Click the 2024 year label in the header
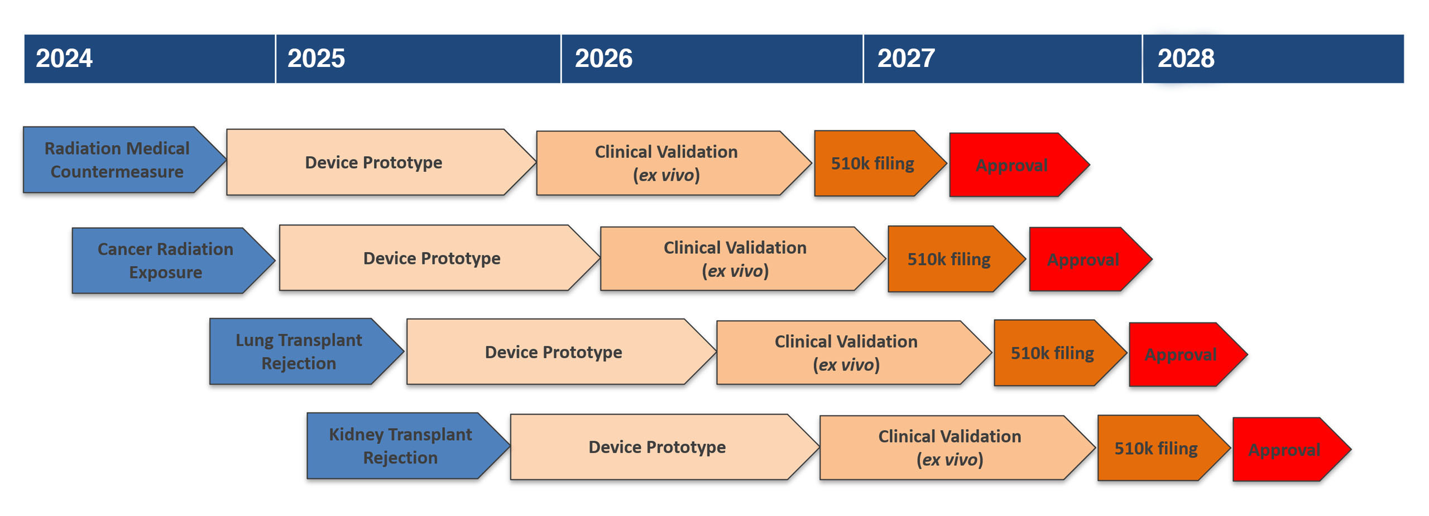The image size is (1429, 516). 64,59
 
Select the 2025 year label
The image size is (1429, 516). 316,59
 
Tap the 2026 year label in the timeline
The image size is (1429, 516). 603,59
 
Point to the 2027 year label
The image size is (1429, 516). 906,59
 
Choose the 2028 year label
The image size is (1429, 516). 1186,59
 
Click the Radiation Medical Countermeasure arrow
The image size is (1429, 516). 124,160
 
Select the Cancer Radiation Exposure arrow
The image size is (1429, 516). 173,261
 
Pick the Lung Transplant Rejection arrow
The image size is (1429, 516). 306,351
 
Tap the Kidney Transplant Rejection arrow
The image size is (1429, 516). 408,446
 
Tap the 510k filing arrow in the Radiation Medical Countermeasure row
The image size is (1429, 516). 880,163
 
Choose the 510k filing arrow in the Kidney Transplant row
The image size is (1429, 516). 1164,448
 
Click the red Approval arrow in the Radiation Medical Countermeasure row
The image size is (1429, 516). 1019,165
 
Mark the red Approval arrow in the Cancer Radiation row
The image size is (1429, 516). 1091,259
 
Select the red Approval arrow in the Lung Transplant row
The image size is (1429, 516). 1188,355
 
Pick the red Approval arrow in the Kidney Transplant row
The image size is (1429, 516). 1292,450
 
